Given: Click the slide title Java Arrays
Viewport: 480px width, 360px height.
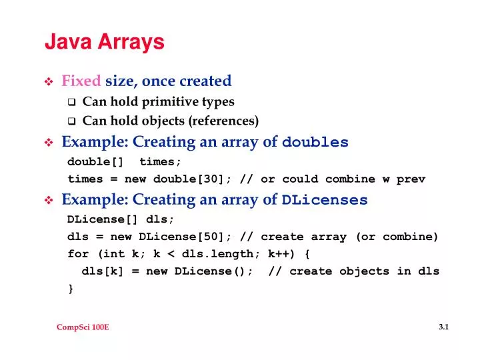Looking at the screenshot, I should click(104, 43).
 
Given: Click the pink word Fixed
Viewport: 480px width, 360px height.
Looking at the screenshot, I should click(81, 81).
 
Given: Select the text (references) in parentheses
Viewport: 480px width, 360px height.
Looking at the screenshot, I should click(223, 121).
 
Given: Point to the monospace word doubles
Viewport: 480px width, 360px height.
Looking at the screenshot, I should click(315, 143).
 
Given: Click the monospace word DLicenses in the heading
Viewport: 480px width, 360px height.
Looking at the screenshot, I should click(325, 200).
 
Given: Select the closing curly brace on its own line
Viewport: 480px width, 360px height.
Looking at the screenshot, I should click(71, 289).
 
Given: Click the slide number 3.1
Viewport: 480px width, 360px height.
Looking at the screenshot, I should click(445, 327).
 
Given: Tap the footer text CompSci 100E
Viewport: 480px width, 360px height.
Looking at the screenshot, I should click(83, 329).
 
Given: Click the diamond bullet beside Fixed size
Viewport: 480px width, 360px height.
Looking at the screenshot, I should click(49, 82).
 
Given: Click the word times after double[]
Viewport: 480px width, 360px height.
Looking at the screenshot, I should click(160, 162).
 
